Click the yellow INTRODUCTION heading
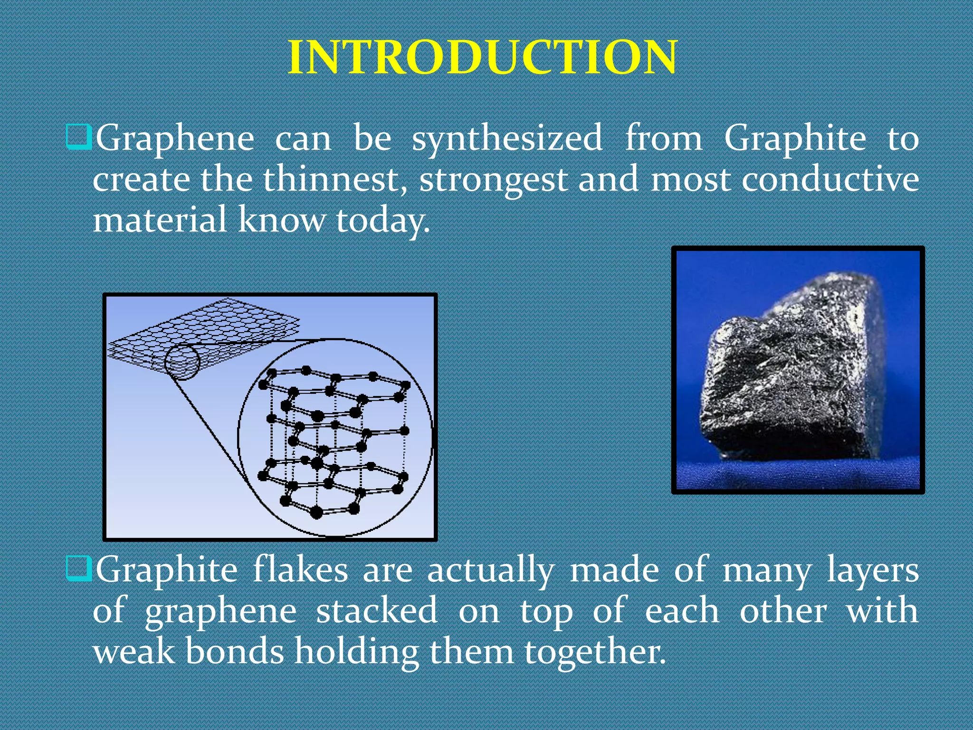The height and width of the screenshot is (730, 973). point(483,57)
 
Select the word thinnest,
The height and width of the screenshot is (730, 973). point(335,180)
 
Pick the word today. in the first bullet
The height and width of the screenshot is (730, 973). point(383,221)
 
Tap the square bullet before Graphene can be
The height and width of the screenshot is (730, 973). point(78,137)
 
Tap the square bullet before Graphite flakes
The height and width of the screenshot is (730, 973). point(78,568)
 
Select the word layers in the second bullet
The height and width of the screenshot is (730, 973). point(873,570)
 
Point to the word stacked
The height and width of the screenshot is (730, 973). point(376,610)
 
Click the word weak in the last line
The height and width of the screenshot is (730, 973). point(134,651)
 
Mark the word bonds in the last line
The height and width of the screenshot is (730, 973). point(235,651)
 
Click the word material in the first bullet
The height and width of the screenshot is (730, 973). point(160,221)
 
